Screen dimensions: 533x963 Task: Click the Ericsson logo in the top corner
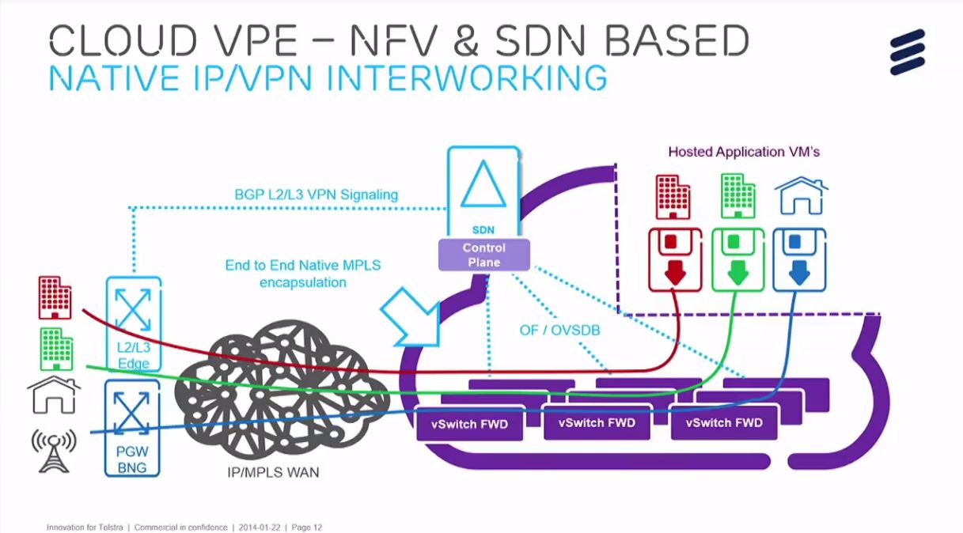click(x=907, y=52)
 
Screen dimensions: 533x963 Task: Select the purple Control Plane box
click(x=483, y=255)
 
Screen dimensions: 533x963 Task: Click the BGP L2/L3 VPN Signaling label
click(x=316, y=194)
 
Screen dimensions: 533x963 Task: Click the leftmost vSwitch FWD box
click(x=470, y=424)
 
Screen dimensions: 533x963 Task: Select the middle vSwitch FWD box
click(x=597, y=423)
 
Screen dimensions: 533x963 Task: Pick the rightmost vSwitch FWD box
click(x=724, y=423)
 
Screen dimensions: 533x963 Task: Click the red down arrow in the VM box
click(x=674, y=271)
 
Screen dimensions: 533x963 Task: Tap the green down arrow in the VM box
click(x=737, y=271)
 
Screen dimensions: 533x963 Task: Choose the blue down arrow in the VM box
click(x=798, y=271)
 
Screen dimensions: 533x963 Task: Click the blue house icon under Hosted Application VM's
click(x=800, y=195)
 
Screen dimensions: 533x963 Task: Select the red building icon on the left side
click(x=55, y=298)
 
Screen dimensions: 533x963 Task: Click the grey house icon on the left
click(x=54, y=395)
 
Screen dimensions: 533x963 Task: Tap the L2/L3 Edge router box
click(x=133, y=323)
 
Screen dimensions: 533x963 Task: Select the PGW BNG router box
click(x=132, y=427)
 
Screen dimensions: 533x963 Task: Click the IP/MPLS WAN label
click(x=272, y=473)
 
